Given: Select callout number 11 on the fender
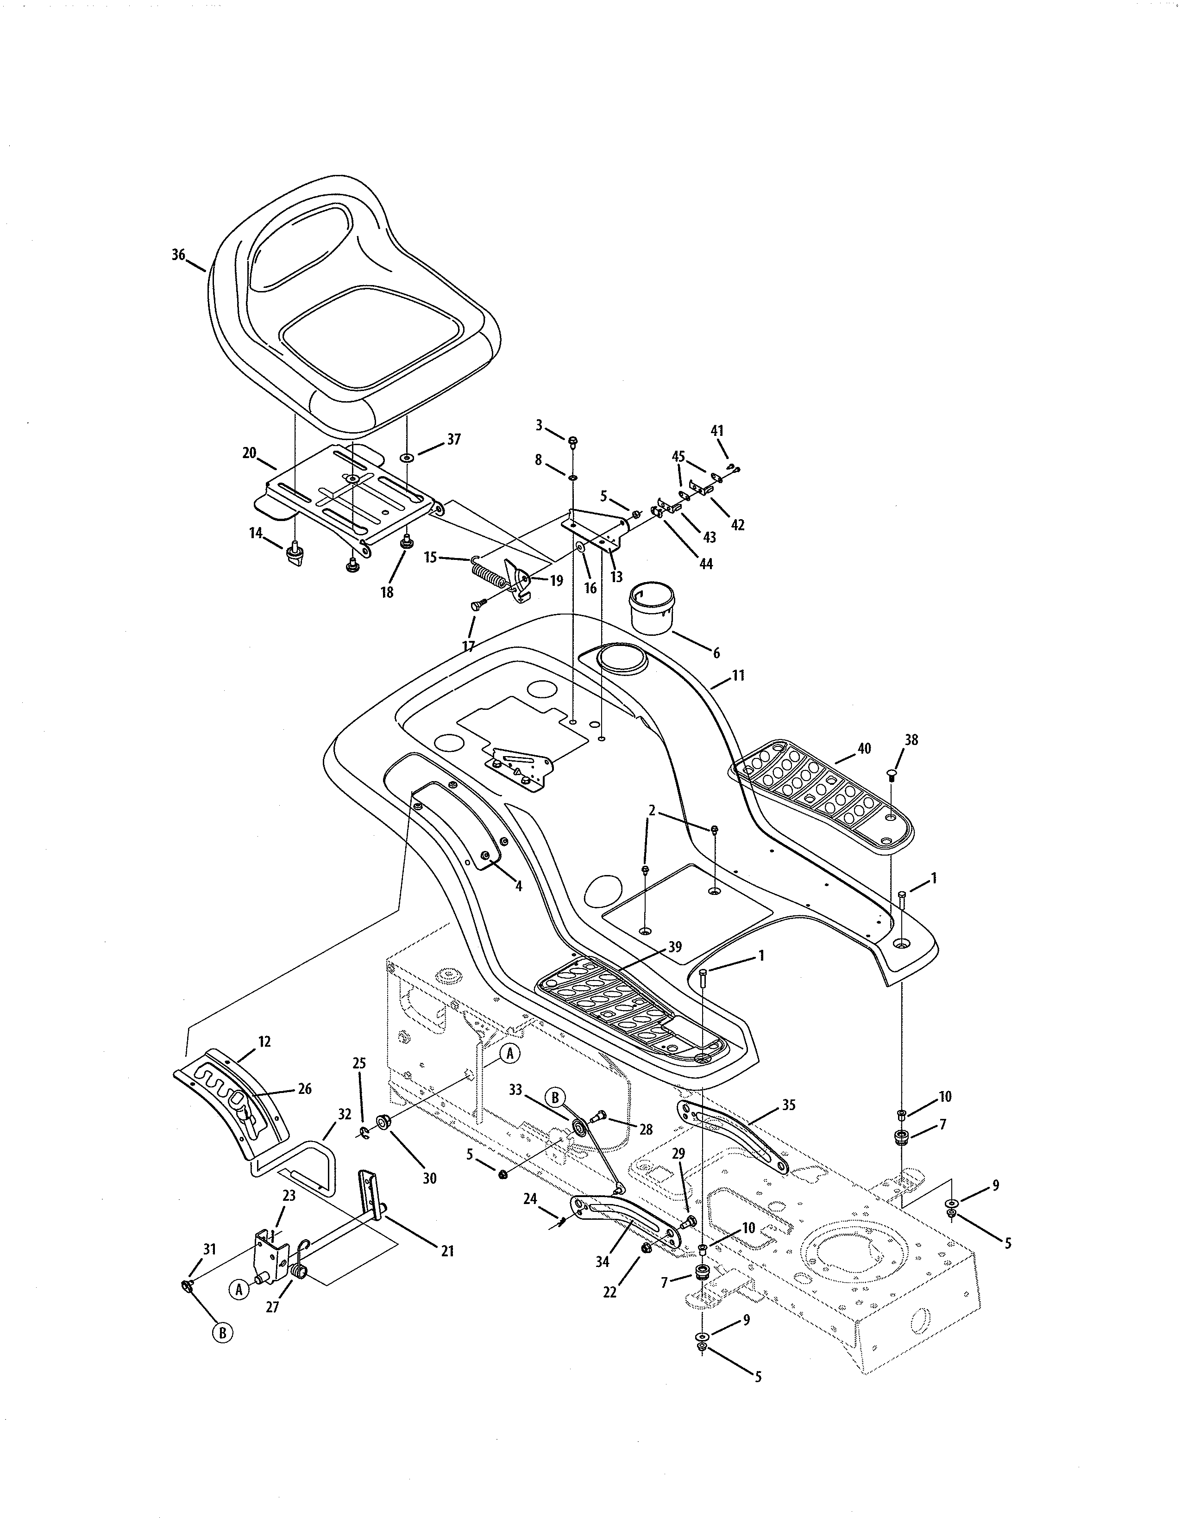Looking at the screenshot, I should click(738, 676).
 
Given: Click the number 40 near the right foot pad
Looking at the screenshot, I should click(864, 748).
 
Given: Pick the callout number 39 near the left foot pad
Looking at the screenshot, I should click(674, 947).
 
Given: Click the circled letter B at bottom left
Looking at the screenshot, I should click(222, 1333).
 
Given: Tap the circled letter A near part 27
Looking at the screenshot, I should click(239, 1290).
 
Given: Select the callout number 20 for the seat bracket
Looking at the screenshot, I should click(249, 453).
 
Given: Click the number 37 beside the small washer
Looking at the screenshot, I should click(454, 439).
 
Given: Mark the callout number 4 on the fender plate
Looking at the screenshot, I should click(518, 886).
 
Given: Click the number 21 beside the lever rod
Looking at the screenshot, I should click(448, 1251).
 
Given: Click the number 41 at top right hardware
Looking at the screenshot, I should click(717, 431).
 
